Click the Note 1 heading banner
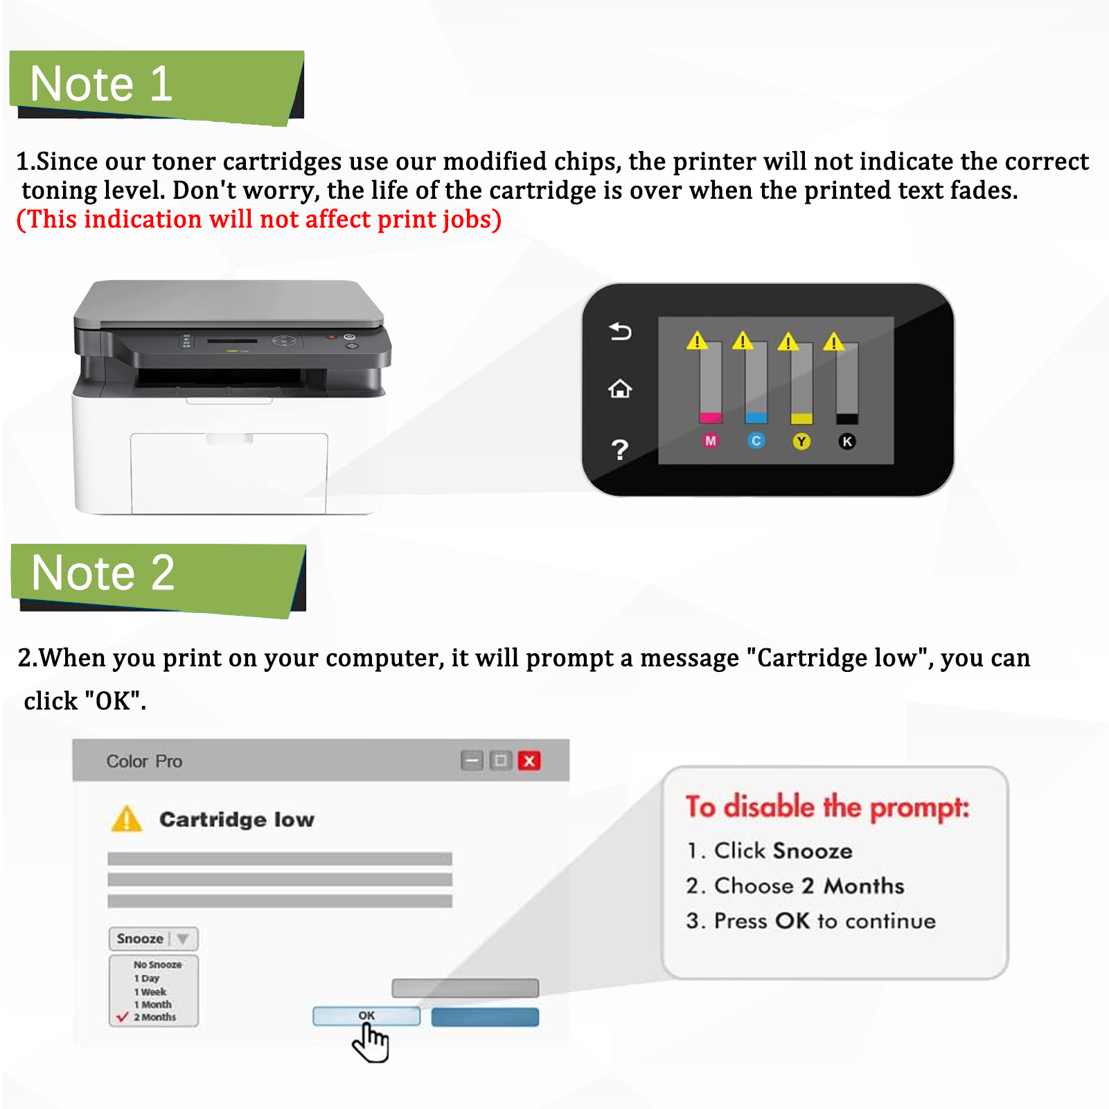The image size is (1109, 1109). pos(156,85)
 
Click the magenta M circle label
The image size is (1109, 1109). pos(710,441)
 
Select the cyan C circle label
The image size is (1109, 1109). pos(756,441)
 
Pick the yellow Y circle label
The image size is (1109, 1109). pos(801,441)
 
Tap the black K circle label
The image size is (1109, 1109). pos(846,441)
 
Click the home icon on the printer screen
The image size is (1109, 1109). pos(620,389)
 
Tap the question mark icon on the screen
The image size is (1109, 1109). pos(620,450)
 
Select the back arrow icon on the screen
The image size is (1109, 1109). pos(620,332)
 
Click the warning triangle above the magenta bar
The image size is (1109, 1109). pos(697,341)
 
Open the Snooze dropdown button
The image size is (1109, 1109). pos(153,939)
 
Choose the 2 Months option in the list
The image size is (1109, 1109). pos(154,1017)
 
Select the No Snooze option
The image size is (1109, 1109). pos(157,964)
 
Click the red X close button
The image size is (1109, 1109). pos(529,761)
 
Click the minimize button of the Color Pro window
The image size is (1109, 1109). pos(472,761)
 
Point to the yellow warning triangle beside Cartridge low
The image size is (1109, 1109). pos(126,819)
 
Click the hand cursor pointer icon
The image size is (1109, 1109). pos(371,1043)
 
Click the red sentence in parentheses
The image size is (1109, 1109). pos(258,220)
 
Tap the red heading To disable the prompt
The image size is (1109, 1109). pos(827,808)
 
